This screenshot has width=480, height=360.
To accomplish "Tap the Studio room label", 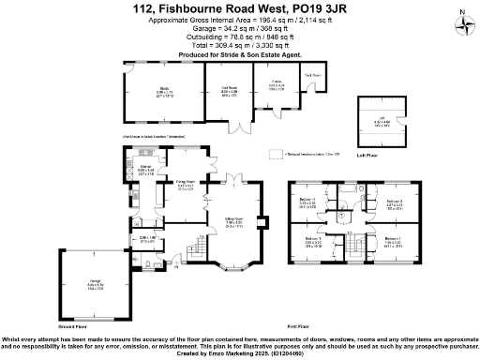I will (x=164, y=89).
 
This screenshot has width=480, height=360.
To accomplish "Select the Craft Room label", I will (x=229, y=90).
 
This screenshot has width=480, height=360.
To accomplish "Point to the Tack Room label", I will (x=312, y=75).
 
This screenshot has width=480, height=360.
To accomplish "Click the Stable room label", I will (x=277, y=83).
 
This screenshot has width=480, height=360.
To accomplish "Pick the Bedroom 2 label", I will (x=394, y=202).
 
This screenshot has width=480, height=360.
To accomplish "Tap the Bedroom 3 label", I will (x=313, y=241).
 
